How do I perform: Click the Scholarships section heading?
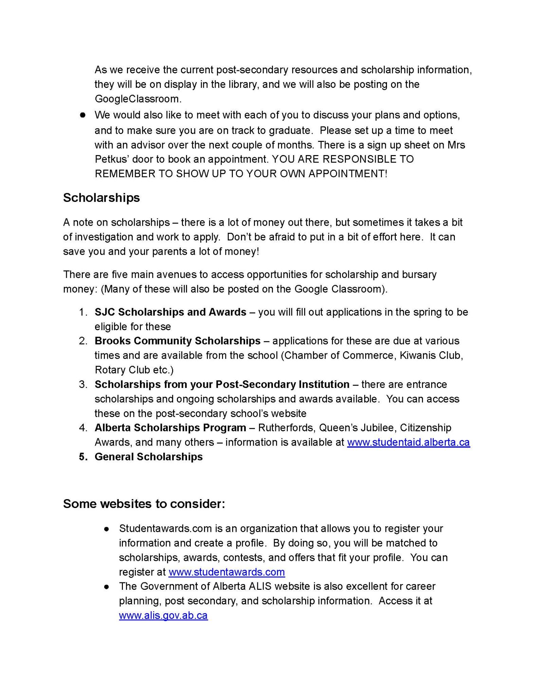click(101, 198)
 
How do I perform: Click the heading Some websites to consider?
click(144, 504)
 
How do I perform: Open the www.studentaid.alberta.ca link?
click(408, 443)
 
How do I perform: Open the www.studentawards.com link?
click(226, 572)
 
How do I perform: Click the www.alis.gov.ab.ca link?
click(163, 616)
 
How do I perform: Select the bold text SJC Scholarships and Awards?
click(170, 312)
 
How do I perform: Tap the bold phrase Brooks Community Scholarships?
click(178, 341)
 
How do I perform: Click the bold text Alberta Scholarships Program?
click(170, 428)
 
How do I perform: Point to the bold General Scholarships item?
click(148, 457)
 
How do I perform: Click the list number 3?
click(82, 384)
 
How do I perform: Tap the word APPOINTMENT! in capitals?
click(348, 174)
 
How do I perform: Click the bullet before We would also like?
click(82, 115)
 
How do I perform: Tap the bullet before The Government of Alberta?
click(107, 587)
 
